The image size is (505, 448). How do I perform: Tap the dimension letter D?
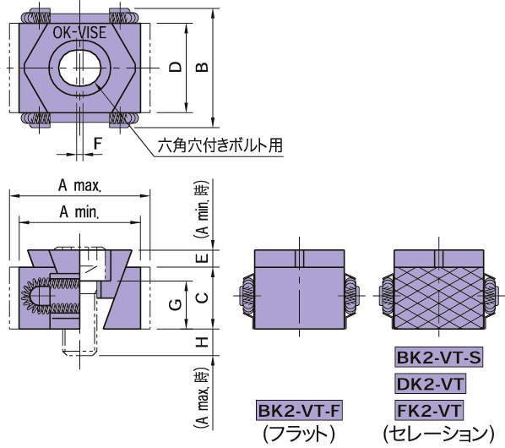pyautogui.click(x=174, y=67)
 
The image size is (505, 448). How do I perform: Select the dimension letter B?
pyautogui.click(x=203, y=67)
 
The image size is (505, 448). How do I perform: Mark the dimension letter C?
pyautogui.click(x=201, y=297)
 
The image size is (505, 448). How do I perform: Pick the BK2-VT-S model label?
pyautogui.click(x=438, y=358)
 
